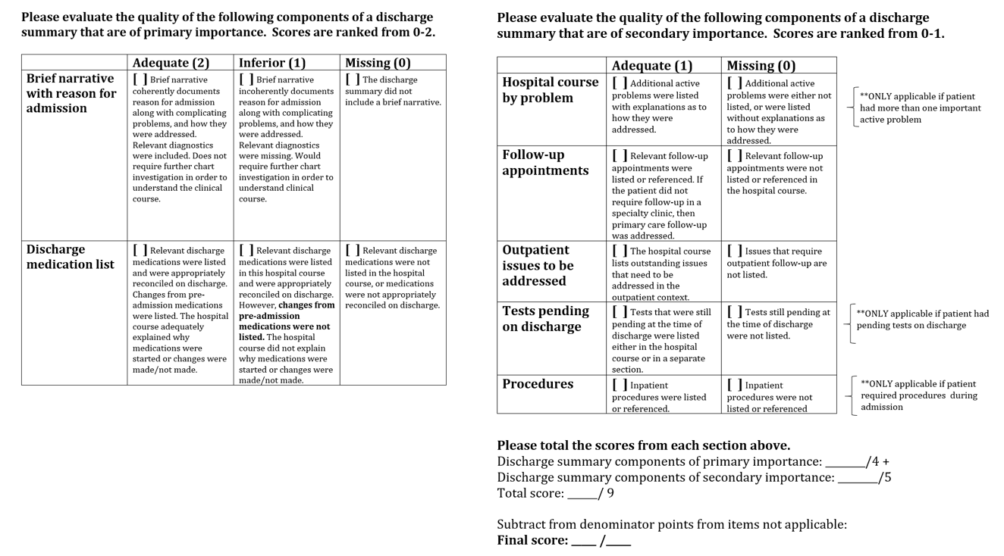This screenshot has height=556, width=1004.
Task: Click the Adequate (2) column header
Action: pos(171,63)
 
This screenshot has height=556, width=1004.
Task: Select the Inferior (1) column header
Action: pos(272,63)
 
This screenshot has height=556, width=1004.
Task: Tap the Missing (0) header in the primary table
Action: pos(378,63)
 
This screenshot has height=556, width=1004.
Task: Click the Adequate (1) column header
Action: pos(652,66)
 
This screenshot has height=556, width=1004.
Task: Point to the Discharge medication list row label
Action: pos(70,257)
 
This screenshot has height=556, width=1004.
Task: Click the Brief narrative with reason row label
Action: pos(71,93)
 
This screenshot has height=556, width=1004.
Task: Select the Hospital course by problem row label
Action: pos(550,89)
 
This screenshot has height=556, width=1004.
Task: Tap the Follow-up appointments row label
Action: pos(545,162)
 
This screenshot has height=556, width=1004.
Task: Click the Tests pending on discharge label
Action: pos(545,318)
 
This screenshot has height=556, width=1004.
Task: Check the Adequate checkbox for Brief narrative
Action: pos(140,79)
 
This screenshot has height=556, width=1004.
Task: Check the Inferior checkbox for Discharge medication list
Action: pos(246,250)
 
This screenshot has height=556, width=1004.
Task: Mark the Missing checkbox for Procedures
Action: pos(734,385)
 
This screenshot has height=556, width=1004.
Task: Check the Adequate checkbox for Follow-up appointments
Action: pos(620,155)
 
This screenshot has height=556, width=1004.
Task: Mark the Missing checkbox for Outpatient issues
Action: pos(734,251)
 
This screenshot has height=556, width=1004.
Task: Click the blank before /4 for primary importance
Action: pos(845,462)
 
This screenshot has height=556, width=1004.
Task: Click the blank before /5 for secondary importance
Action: pos(858,478)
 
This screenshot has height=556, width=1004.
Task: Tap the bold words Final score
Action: pos(532,540)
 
